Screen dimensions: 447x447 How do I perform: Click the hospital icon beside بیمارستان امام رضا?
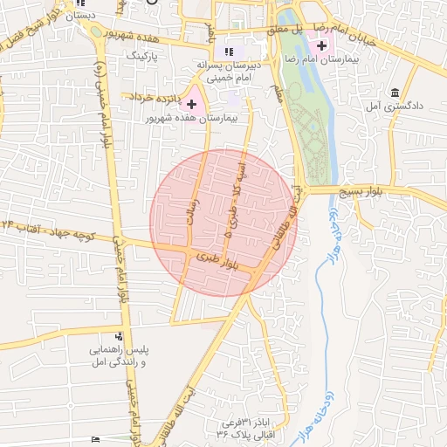323,45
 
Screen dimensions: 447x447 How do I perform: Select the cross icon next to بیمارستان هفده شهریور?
192,104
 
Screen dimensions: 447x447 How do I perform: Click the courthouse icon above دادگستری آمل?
395,93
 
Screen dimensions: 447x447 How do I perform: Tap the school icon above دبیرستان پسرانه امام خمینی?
230,52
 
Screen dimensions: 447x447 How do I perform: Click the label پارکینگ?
145,55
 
